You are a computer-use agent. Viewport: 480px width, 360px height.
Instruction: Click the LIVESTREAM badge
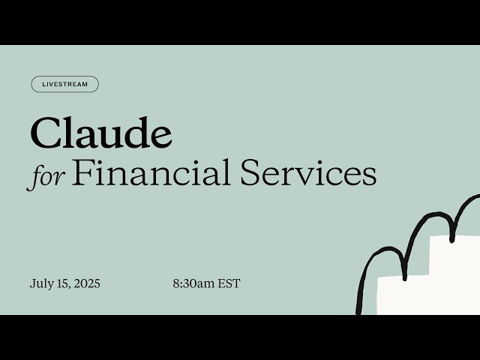[x=64, y=85]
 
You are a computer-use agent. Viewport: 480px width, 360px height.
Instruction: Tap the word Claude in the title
[x=100, y=134]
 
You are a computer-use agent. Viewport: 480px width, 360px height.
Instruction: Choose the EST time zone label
[x=229, y=284]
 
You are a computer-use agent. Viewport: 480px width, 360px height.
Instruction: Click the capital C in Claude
[x=44, y=134]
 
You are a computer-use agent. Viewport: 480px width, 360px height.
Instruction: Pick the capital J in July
[x=33, y=284]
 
